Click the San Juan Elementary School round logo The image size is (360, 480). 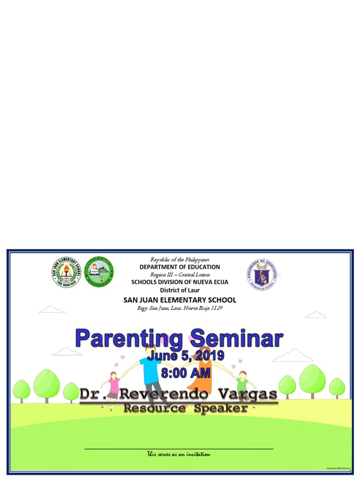(x=67, y=273)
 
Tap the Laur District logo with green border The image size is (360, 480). (x=99, y=271)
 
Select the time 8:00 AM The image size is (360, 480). (x=186, y=374)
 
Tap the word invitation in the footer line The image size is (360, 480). (x=195, y=454)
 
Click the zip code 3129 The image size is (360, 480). (x=209, y=308)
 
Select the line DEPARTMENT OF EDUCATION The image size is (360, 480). (x=180, y=267)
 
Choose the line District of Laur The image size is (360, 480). (x=180, y=290)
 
